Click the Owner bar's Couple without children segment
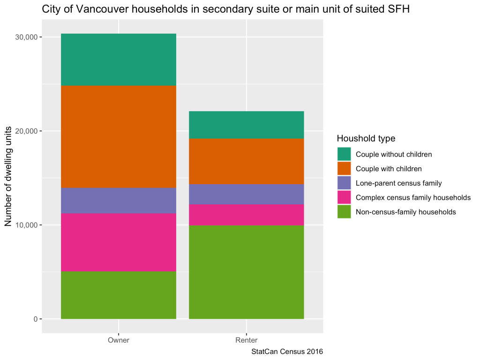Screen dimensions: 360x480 coord(119,60)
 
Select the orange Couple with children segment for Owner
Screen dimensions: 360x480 coord(119,137)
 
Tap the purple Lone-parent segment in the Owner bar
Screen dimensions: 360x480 coord(119,201)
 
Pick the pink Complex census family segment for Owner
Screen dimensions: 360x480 coord(119,242)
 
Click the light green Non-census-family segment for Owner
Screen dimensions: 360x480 coord(119,295)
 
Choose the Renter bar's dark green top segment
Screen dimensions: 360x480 coord(247,125)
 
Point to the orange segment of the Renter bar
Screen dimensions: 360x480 coord(247,161)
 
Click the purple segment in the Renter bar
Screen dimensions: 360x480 coord(247,194)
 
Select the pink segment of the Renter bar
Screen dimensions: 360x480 coord(247,215)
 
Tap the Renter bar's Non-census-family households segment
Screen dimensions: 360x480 coord(247,272)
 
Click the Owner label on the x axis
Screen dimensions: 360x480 coord(119,340)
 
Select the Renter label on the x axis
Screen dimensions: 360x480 coord(247,340)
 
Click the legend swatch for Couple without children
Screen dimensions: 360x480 coord(344,154)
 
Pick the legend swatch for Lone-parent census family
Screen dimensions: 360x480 coord(344,183)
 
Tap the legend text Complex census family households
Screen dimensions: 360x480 coord(413,197)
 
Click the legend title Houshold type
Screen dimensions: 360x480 coord(366,138)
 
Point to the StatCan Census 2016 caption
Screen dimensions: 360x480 coord(287,351)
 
